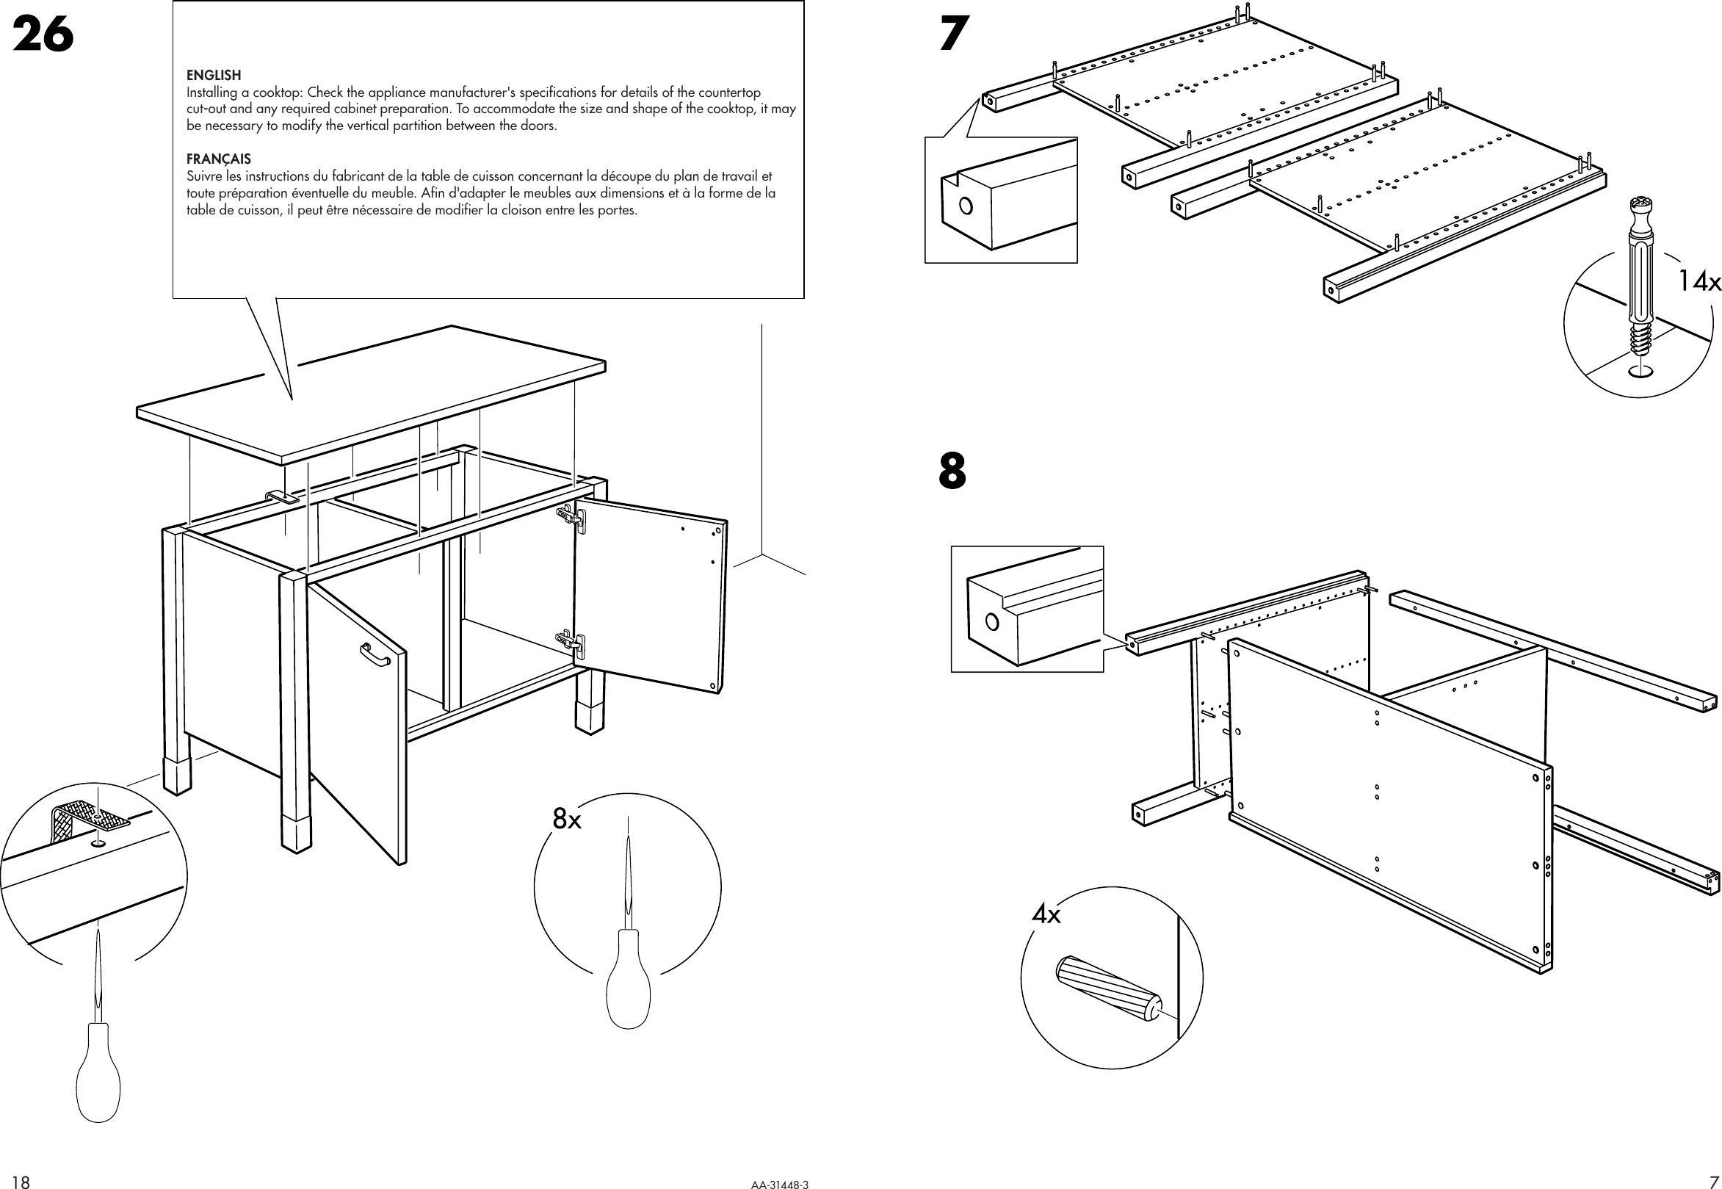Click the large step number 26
[43, 35]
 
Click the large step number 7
[954, 35]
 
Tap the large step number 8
[952, 471]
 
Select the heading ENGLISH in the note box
[214, 75]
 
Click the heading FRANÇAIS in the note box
[219, 159]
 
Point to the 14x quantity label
[1699, 281]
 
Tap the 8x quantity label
[567, 820]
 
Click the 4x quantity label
[1046, 914]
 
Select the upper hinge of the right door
[572, 516]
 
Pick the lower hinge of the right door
[572, 642]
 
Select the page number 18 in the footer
[21, 1182]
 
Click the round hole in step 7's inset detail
[966, 206]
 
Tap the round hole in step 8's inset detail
[992, 621]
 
